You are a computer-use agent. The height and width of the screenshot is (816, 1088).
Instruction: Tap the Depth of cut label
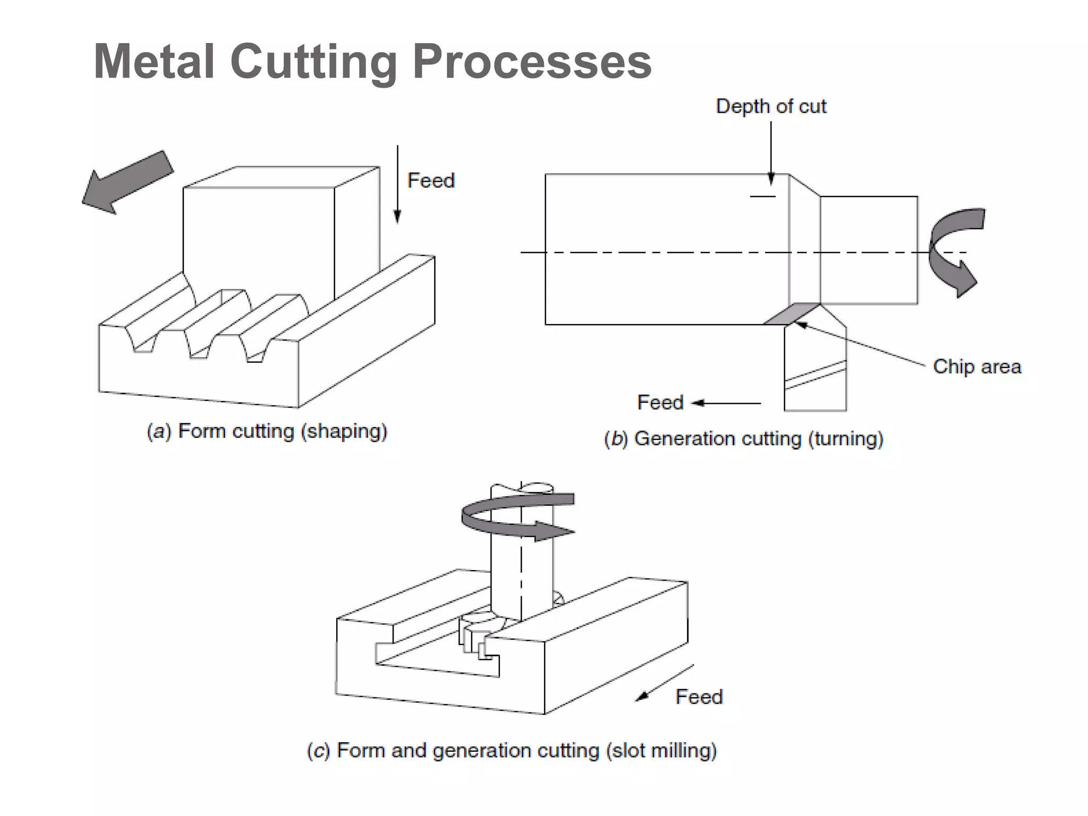771,106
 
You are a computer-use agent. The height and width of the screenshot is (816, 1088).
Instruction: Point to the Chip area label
976,367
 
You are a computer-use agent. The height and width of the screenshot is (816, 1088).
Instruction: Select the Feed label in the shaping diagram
431,181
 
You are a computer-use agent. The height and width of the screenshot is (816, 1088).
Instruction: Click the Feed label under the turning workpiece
660,402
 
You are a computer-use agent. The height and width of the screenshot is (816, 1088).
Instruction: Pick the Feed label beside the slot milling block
699,696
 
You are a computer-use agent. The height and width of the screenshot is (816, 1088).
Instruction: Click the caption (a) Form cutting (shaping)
267,431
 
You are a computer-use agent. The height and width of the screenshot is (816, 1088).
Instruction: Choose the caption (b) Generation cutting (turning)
744,439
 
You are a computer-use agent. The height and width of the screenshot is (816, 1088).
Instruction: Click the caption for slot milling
512,750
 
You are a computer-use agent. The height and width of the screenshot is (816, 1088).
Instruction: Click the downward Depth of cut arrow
771,154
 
